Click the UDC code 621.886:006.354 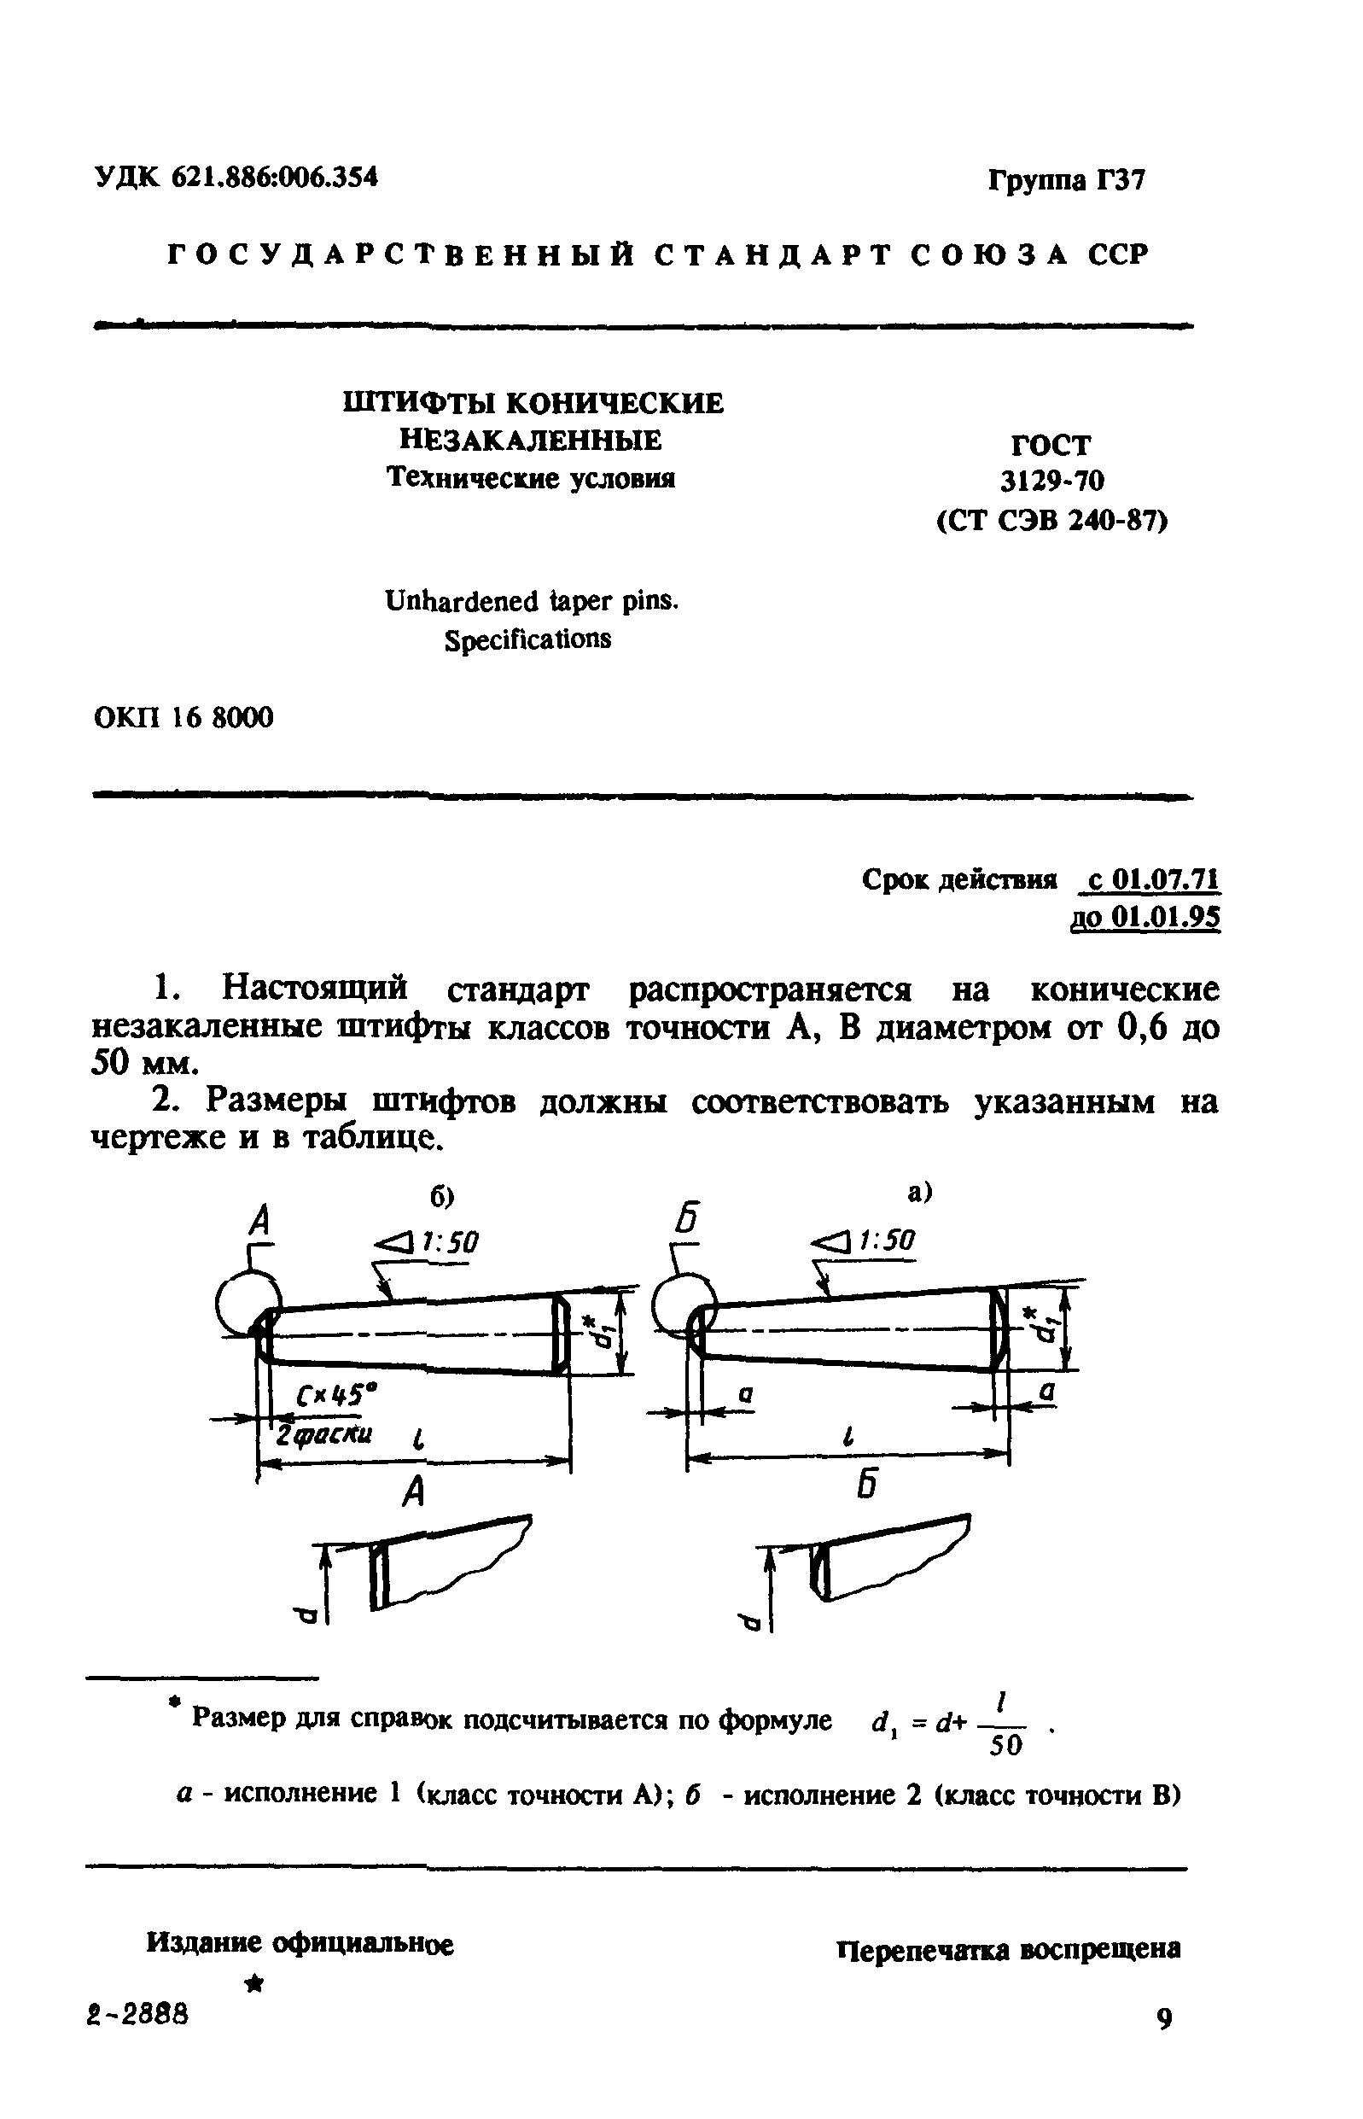coord(274,178)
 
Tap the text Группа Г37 coord(1066,180)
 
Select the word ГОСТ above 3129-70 coord(1051,444)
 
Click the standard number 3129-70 coord(1052,482)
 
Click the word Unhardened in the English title coord(461,602)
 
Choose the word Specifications coord(527,639)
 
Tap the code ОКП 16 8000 coord(183,717)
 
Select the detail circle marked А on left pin coord(245,1304)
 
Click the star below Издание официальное coord(255,1985)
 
